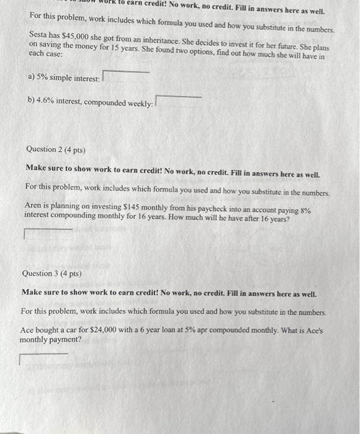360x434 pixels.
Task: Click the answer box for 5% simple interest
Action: [126, 77]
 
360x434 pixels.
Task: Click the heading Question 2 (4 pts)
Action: [56, 150]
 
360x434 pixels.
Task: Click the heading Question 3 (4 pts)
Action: [52, 273]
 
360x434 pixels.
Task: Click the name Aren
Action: [35, 205]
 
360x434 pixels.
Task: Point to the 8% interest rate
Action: [305, 205]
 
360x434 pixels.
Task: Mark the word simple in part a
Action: [64, 79]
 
